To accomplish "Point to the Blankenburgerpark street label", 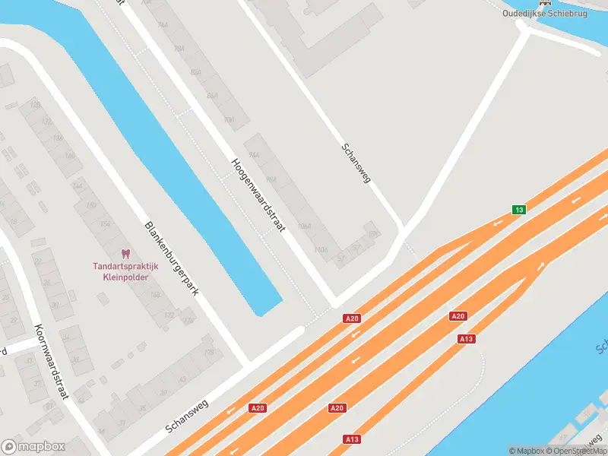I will pos(171,259).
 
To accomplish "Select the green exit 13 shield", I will pos(518,210).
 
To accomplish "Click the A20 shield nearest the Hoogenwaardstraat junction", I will pos(350,318).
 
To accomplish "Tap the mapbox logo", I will pos(33,447).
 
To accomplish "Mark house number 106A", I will pos(304,226).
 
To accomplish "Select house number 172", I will pos(169,314).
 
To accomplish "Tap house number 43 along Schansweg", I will pos(181,379).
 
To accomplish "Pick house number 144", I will pos(77,185).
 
